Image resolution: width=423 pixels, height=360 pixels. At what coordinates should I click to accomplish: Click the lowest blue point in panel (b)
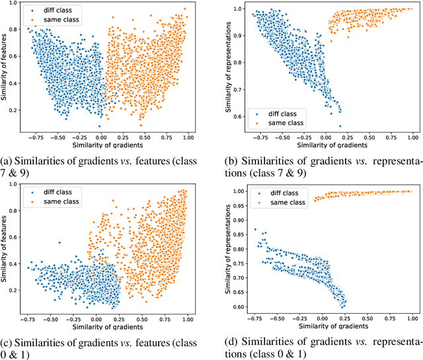340,126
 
